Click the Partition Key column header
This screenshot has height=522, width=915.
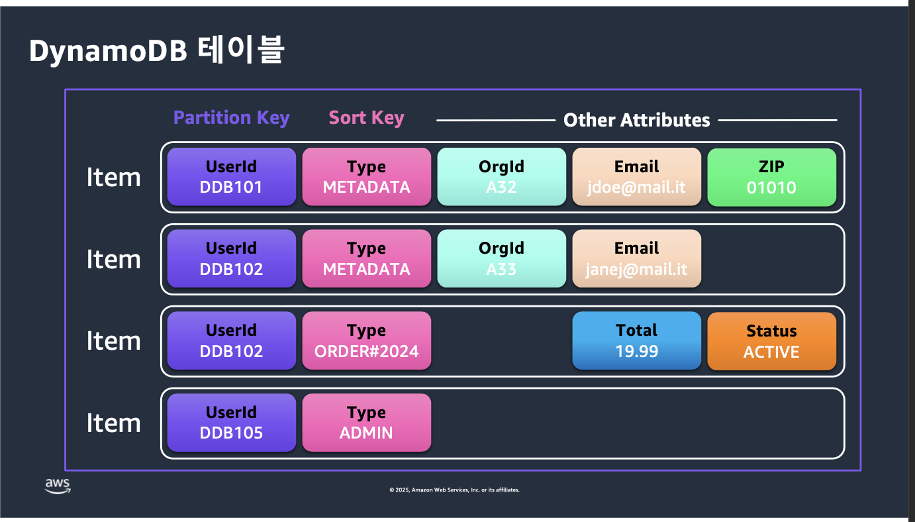coord(231,118)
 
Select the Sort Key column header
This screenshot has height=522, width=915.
coord(366,118)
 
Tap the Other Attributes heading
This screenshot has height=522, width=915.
coord(636,120)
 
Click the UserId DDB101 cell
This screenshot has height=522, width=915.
coord(232,177)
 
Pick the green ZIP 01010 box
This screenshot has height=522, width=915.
coord(771,177)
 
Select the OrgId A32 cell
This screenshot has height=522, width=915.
coord(502,177)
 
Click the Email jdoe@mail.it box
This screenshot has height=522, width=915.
coord(636,177)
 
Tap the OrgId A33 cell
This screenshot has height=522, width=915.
coord(502,258)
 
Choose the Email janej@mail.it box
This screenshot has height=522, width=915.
coord(636,258)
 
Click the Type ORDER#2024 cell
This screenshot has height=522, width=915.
coord(366,340)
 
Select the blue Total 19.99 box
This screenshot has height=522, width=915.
coord(636,340)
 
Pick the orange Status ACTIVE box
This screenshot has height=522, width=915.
coord(771,341)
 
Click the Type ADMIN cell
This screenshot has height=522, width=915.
coord(366,422)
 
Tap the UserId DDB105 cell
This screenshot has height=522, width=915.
coord(232,422)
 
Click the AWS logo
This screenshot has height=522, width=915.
coord(58,486)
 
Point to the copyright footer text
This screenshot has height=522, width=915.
coord(454,490)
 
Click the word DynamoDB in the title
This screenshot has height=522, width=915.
coord(108,52)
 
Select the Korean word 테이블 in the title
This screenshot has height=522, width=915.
coord(240,50)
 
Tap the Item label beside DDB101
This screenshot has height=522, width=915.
coord(114,178)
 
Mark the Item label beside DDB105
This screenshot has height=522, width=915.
coord(114,423)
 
